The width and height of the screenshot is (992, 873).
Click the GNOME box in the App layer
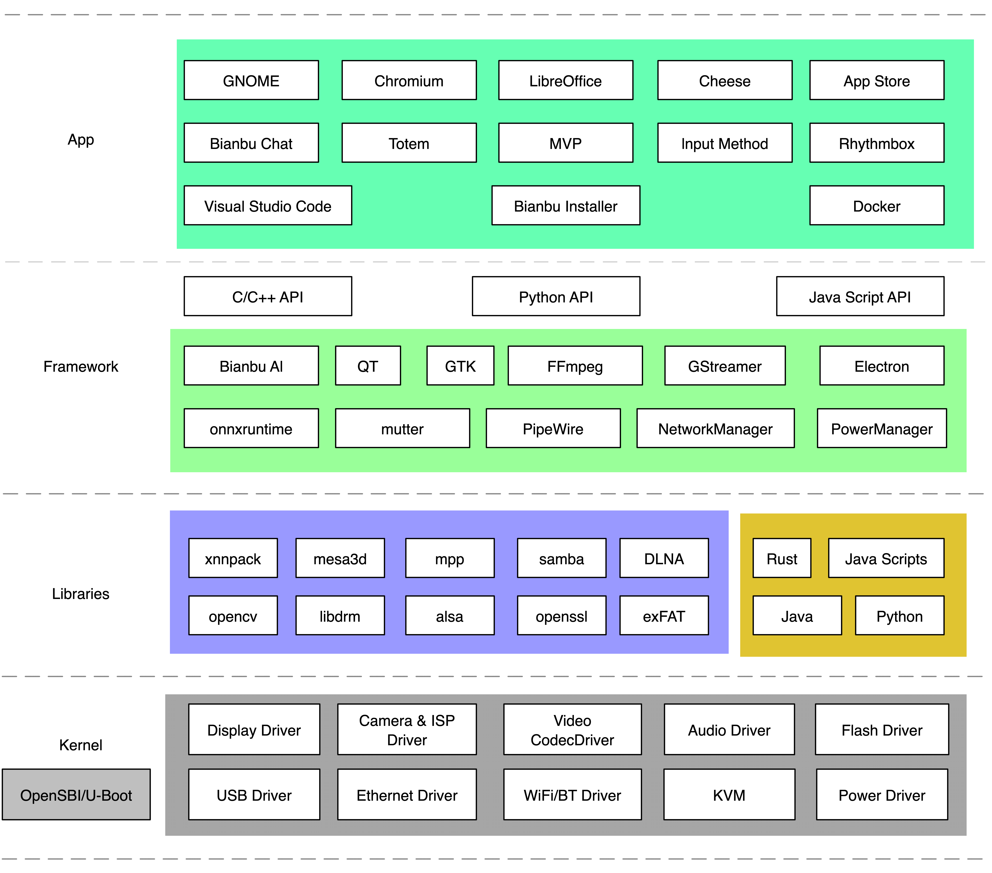[251, 80]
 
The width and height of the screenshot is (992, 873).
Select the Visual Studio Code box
[267, 206]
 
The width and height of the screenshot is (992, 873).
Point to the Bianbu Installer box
[565, 206]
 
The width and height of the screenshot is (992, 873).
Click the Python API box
[556, 296]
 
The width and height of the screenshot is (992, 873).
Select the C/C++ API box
[267, 296]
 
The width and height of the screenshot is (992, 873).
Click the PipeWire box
[553, 428]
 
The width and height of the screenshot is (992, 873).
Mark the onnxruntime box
[251, 428]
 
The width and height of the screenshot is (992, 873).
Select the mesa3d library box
[340, 558]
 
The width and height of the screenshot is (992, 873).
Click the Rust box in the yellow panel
[781, 558]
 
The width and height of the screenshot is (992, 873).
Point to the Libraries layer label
[81, 593]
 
